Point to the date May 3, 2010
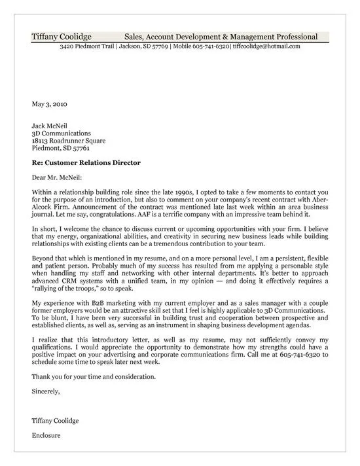click(48, 103)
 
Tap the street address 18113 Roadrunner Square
click(68, 140)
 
